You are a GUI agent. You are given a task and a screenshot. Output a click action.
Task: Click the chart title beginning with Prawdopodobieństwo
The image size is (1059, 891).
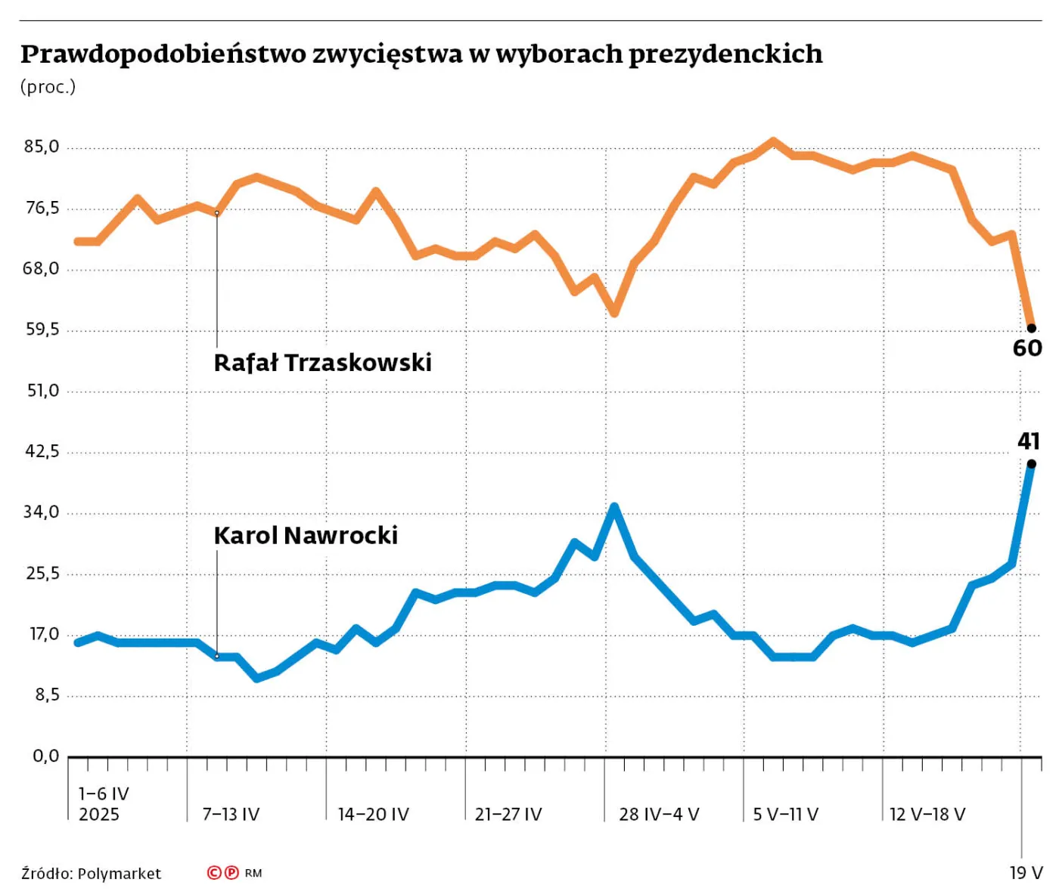coord(421,54)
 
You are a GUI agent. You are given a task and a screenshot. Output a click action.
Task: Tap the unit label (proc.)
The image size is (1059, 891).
coord(48,87)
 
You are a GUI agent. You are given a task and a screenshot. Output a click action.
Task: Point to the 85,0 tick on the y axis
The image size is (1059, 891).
coord(42,147)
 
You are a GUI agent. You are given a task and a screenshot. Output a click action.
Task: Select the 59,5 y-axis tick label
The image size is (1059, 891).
coord(42,329)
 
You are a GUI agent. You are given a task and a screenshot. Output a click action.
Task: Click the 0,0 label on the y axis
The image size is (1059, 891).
coord(45,756)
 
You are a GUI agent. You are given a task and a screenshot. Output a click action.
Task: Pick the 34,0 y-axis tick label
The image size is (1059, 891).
coord(42,512)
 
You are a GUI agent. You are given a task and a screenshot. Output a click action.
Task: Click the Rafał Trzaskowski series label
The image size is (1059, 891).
coord(322,363)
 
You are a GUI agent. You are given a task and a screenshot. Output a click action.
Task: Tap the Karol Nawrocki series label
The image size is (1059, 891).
coord(306,535)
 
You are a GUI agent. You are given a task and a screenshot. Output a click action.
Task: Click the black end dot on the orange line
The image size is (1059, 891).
coord(1031,328)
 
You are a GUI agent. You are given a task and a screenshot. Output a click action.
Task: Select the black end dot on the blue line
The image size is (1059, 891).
coord(1031,464)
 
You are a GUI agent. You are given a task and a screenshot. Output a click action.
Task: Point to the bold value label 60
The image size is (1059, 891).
coord(1027,348)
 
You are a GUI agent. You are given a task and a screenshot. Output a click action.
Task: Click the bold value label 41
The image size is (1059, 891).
coord(1028,441)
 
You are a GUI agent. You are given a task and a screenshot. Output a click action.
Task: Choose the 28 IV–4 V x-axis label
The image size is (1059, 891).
coord(659,814)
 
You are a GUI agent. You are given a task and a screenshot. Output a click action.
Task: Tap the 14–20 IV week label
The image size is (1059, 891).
coord(373,814)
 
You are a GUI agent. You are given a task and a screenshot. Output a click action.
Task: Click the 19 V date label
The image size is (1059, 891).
coord(1026,873)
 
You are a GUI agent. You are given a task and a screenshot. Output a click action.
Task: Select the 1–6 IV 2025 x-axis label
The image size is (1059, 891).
coord(103,803)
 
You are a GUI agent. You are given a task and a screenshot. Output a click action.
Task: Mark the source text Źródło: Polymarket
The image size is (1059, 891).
coord(91,874)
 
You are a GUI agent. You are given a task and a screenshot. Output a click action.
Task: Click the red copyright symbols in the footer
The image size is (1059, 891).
coord(223,873)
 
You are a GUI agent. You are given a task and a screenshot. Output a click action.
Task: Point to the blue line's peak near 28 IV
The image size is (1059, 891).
coord(614,506)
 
